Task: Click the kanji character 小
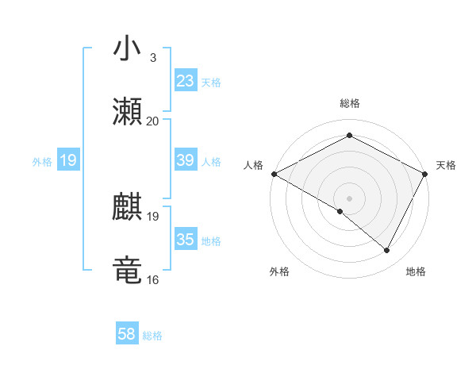coord(127,49)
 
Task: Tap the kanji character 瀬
coord(127,112)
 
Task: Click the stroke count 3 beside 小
coord(152,58)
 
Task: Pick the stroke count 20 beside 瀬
coord(152,121)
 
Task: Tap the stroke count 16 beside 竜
coord(152,279)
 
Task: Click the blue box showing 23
coord(185,81)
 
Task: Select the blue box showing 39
coord(185,160)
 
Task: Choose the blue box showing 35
coord(185,240)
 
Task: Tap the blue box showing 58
coord(127,334)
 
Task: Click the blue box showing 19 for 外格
coord(68,161)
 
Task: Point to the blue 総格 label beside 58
coord(152,336)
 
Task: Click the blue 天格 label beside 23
coord(211,83)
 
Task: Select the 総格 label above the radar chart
coord(350,104)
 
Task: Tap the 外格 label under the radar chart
coord(279,272)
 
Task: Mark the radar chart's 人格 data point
coord(274,174)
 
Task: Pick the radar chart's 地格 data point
coord(387,251)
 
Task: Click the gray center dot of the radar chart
coord(350,198)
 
